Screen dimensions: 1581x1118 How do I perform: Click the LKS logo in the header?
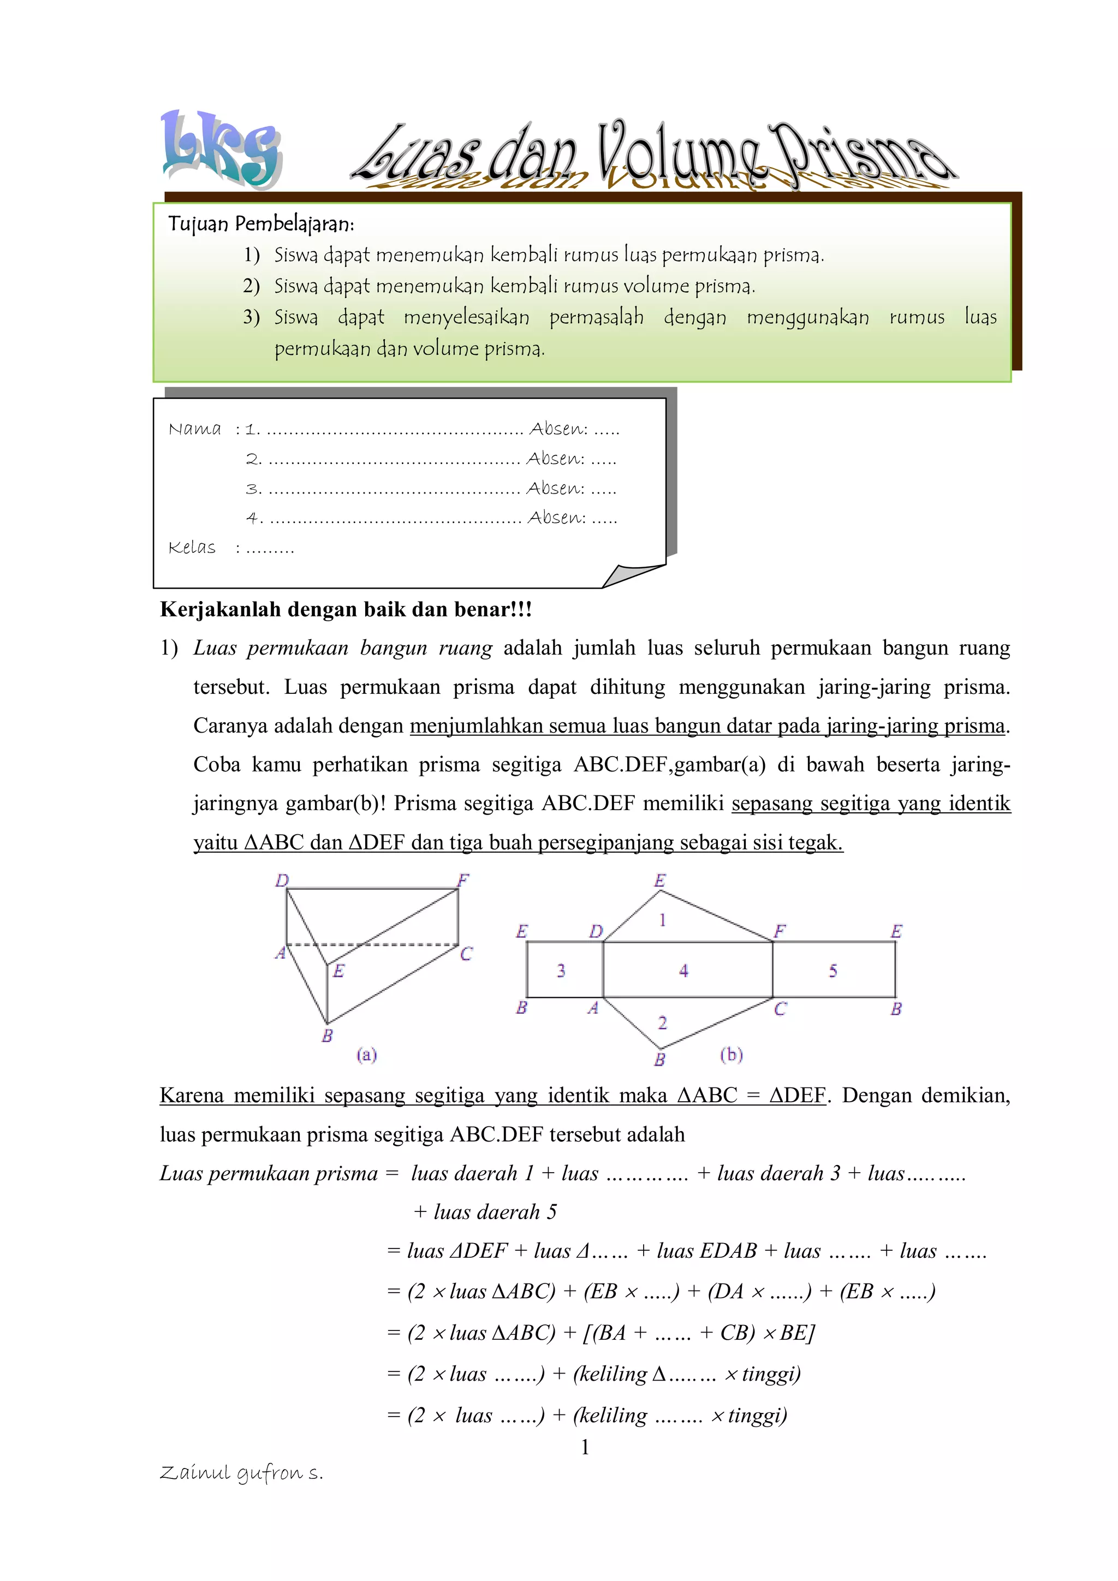(221, 150)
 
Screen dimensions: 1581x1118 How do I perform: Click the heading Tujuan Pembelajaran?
(261, 224)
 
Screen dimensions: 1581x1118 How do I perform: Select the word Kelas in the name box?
(192, 548)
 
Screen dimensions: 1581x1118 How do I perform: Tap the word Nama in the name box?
(195, 429)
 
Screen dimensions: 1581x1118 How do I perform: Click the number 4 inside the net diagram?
(683, 970)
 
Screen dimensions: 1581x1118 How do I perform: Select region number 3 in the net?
(561, 970)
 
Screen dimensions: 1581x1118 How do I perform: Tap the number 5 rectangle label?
(833, 970)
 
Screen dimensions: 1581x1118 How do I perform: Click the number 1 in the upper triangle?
(662, 920)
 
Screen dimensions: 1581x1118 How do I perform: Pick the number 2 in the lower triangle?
(662, 1023)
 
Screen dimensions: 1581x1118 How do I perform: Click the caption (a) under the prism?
(366, 1054)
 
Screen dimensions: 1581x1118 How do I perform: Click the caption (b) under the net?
(731, 1054)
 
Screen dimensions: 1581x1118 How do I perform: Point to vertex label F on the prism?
(463, 880)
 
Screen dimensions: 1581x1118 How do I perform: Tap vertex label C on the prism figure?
(466, 954)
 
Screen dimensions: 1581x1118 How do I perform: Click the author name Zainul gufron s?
(241, 1473)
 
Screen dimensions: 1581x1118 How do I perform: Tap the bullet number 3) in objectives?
(251, 317)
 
